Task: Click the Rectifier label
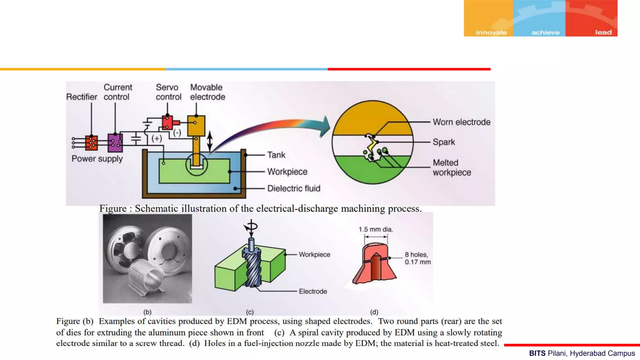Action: [x=82, y=97]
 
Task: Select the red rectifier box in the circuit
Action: [x=91, y=143]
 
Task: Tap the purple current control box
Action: [x=115, y=143]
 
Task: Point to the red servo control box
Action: [x=167, y=122]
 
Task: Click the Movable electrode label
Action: [x=207, y=92]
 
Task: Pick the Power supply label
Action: [x=97, y=159]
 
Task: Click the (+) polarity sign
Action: [x=157, y=138]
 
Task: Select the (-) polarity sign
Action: [x=177, y=133]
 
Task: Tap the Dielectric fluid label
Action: [x=294, y=188]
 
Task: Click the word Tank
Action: [x=276, y=155]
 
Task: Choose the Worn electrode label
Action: [x=462, y=122]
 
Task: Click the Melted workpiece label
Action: [x=452, y=167]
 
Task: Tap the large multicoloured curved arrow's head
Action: [x=325, y=127]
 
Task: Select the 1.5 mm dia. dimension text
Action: [x=376, y=229]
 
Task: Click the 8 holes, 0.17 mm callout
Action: [x=417, y=258]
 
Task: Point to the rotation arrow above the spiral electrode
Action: [x=251, y=226]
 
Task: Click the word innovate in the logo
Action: [x=491, y=32]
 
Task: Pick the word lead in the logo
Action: [x=603, y=32]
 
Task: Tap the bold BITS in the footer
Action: [x=537, y=353]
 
